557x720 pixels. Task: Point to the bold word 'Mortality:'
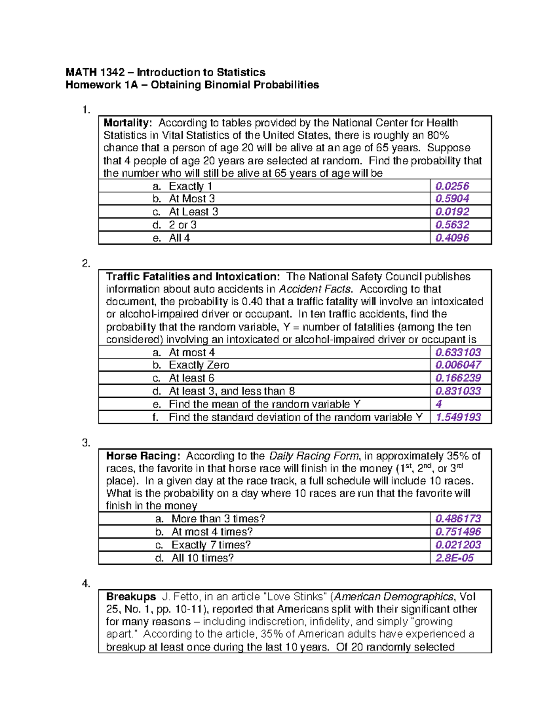tap(128, 123)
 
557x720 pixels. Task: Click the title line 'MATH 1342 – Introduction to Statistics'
tap(165, 72)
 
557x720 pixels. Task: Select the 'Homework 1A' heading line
tap(192, 85)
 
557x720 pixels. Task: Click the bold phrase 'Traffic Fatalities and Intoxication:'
tap(193, 277)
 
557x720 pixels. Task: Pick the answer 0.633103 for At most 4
tap(458, 352)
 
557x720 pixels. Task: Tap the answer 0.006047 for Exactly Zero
tap(458, 365)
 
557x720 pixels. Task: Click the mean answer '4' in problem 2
tap(439, 404)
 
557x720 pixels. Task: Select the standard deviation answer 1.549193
tap(458, 417)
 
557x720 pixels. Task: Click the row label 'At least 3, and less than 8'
tap(232, 391)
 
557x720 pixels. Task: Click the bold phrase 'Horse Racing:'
tap(143, 456)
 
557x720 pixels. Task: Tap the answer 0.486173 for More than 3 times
tap(458, 519)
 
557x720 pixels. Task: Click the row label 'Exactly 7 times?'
tap(211, 545)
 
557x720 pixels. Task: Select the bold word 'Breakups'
tap(131, 597)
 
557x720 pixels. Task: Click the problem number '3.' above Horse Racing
tap(86, 443)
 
